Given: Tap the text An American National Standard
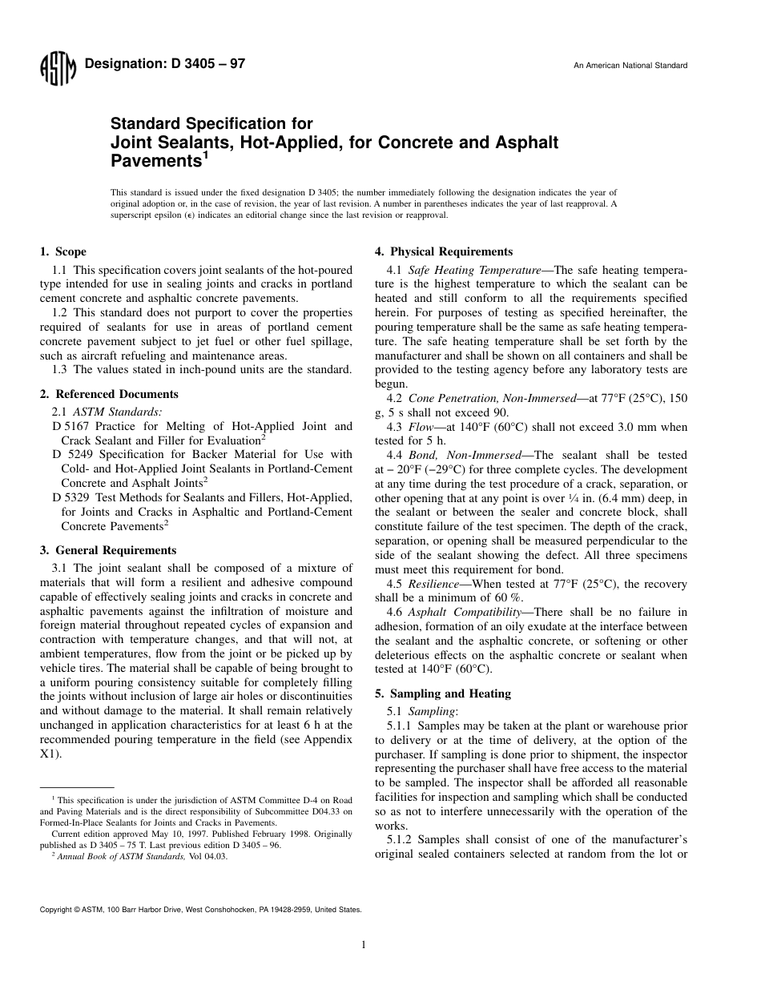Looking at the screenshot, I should (630, 66).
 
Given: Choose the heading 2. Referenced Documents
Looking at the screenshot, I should (109, 394).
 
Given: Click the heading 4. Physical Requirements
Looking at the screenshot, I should (444, 251).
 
